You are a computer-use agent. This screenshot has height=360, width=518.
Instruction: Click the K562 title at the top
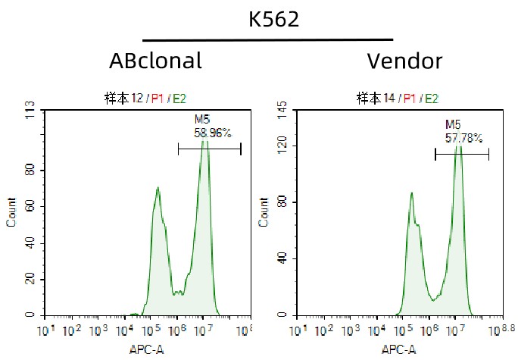(274, 20)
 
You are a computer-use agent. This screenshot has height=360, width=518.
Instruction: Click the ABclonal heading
(155, 61)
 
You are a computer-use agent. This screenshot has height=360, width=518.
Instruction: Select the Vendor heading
(404, 61)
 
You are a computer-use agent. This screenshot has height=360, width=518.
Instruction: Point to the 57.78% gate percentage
(463, 138)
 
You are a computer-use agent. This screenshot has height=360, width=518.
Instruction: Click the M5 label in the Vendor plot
(453, 124)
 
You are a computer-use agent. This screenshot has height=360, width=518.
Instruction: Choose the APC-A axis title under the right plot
(398, 349)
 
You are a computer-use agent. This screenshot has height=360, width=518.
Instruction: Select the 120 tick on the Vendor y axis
(282, 146)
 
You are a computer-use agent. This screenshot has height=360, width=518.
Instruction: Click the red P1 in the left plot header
(158, 98)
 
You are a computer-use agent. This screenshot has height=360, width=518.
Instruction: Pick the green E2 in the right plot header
(431, 98)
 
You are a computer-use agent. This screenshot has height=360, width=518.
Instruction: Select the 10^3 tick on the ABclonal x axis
(97, 330)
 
